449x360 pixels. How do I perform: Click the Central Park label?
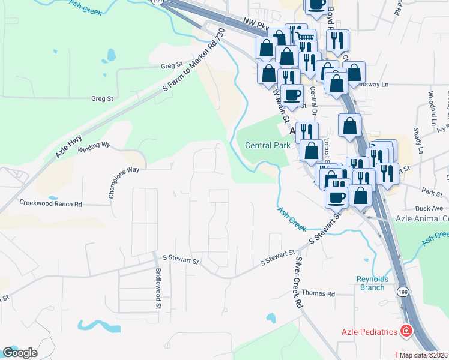[x=268, y=145]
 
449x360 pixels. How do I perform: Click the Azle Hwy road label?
[x=69, y=146]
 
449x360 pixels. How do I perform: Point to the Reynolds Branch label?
[x=373, y=283]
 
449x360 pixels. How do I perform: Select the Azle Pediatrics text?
[x=370, y=331]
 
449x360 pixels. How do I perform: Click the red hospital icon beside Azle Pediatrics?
[x=406, y=331]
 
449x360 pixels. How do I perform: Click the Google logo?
[x=20, y=353]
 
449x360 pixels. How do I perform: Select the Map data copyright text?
[x=424, y=355]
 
